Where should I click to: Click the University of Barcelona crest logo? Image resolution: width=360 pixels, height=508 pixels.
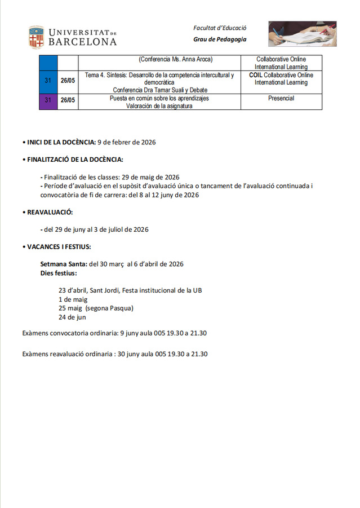tap(37, 37)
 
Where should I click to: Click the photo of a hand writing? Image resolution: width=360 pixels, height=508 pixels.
tap(303, 34)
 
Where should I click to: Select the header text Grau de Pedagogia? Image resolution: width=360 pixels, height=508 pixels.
tap(220, 39)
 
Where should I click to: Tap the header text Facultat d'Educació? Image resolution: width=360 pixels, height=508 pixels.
tap(220, 28)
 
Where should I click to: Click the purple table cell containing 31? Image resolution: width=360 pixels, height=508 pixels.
tap(48, 101)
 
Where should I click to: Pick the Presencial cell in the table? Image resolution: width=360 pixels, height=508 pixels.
tap(281, 98)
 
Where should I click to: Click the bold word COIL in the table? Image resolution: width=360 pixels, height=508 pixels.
tap(256, 75)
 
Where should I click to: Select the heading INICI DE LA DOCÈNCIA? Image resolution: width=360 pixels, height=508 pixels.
tap(61, 142)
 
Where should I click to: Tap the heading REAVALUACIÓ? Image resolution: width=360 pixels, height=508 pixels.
tap(50, 212)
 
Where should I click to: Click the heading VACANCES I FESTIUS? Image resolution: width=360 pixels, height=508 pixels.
tap(59, 246)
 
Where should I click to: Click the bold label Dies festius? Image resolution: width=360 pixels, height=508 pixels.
tap(59, 273)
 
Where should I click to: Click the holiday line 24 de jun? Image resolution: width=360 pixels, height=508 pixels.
tap(72, 317)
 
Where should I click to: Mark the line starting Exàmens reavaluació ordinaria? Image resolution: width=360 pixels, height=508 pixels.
tap(115, 354)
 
